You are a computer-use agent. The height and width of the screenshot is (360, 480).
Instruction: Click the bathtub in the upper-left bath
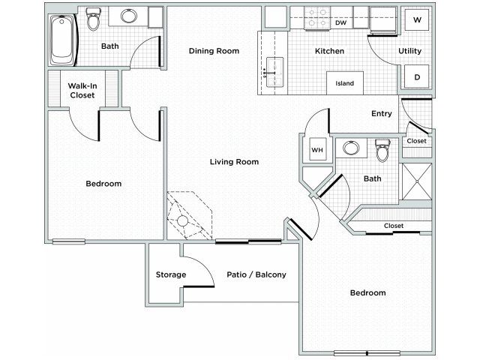click(63, 40)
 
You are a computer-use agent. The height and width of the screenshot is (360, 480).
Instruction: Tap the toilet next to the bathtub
click(93, 19)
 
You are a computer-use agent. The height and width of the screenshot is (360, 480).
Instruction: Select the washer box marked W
click(417, 20)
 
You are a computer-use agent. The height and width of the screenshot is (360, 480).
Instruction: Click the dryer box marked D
click(417, 76)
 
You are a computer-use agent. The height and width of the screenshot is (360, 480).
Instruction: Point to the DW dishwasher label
click(340, 22)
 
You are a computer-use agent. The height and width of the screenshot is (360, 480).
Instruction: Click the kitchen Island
click(345, 83)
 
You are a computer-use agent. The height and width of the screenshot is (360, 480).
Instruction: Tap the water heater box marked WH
click(317, 150)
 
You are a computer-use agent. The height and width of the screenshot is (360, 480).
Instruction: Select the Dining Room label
click(214, 51)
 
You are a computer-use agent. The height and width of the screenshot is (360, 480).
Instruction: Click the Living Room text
click(234, 162)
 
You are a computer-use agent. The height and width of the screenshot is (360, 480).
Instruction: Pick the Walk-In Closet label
click(82, 90)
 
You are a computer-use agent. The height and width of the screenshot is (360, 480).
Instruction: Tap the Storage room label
click(171, 274)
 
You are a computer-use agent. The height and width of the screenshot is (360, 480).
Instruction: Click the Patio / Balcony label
click(256, 274)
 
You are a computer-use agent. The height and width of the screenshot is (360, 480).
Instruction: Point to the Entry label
click(382, 113)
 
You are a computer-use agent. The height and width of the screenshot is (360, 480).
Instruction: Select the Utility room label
click(410, 51)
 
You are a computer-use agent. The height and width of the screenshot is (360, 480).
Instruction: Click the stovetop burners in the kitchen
click(317, 18)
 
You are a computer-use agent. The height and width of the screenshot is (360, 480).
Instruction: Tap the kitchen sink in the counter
click(274, 72)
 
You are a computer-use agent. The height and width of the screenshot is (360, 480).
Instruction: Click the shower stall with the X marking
click(417, 181)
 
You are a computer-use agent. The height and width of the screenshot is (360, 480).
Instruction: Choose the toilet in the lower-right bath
click(383, 150)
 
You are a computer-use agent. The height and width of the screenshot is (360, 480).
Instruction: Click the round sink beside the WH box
click(351, 148)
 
